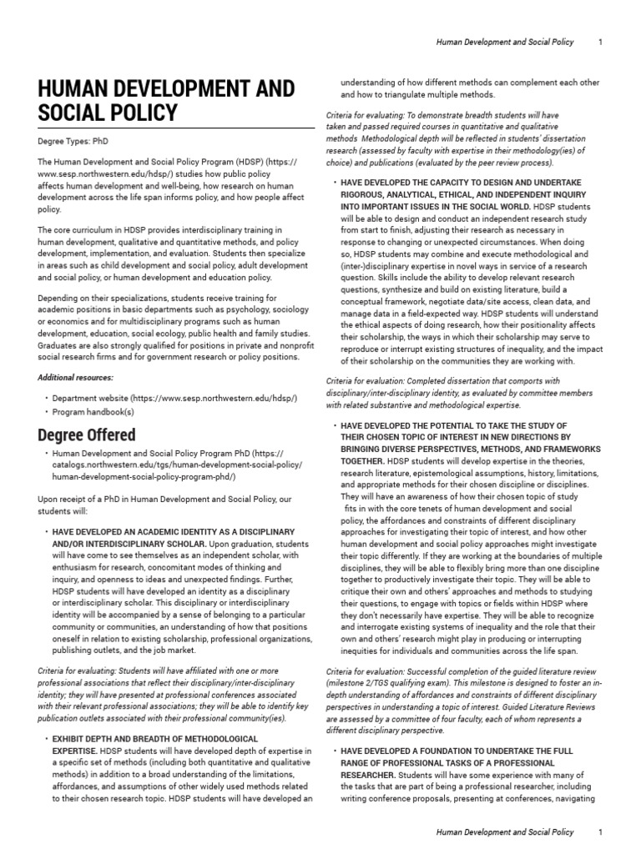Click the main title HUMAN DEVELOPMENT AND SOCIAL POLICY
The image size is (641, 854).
coord(166,100)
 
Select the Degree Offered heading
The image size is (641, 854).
coord(87,435)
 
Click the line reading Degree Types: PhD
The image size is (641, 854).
coord(73,141)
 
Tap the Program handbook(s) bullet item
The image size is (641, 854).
coord(93,411)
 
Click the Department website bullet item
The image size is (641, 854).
coord(174,399)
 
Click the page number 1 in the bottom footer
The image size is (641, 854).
coord(601,831)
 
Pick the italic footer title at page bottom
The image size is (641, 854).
coord(506,831)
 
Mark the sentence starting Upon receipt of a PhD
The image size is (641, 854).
coord(164,499)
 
